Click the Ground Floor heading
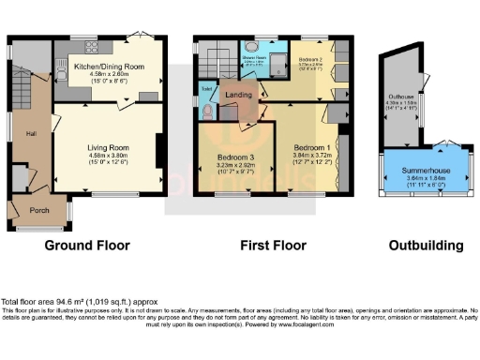87,246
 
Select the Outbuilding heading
427,246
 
